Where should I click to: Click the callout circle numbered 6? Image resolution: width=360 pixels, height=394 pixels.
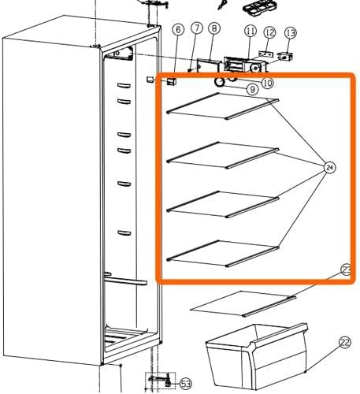(178, 30)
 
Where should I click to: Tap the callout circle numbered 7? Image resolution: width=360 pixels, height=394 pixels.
(197, 28)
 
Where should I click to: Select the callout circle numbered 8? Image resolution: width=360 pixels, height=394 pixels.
(214, 28)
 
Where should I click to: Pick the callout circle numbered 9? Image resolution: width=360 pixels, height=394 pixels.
(252, 90)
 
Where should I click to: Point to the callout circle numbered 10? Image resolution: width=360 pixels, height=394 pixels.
(268, 83)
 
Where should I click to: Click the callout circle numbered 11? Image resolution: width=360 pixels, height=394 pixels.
(251, 31)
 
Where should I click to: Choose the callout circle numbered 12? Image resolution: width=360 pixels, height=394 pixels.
(269, 32)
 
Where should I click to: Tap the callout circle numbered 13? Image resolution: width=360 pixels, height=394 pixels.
(290, 33)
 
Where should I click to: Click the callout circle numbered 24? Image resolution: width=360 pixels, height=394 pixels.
(330, 168)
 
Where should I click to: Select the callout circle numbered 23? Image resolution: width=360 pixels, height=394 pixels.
(347, 270)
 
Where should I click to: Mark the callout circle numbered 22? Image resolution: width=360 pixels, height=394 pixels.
(345, 343)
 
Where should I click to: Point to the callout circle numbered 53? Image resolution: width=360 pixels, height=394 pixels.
(186, 384)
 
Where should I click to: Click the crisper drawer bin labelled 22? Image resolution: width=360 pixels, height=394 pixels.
(257, 356)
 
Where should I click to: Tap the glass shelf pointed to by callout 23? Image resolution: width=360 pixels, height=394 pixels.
(243, 303)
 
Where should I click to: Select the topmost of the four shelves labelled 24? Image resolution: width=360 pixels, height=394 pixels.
(223, 106)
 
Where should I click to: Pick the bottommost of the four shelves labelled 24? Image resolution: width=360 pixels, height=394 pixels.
(223, 254)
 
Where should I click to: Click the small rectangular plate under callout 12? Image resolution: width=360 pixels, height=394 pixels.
(266, 54)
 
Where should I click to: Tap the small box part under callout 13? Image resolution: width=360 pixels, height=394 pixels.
(285, 57)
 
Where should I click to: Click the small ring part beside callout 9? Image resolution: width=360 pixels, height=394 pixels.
(219, 82)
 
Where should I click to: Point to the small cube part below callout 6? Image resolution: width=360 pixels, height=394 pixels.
(172, 82)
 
